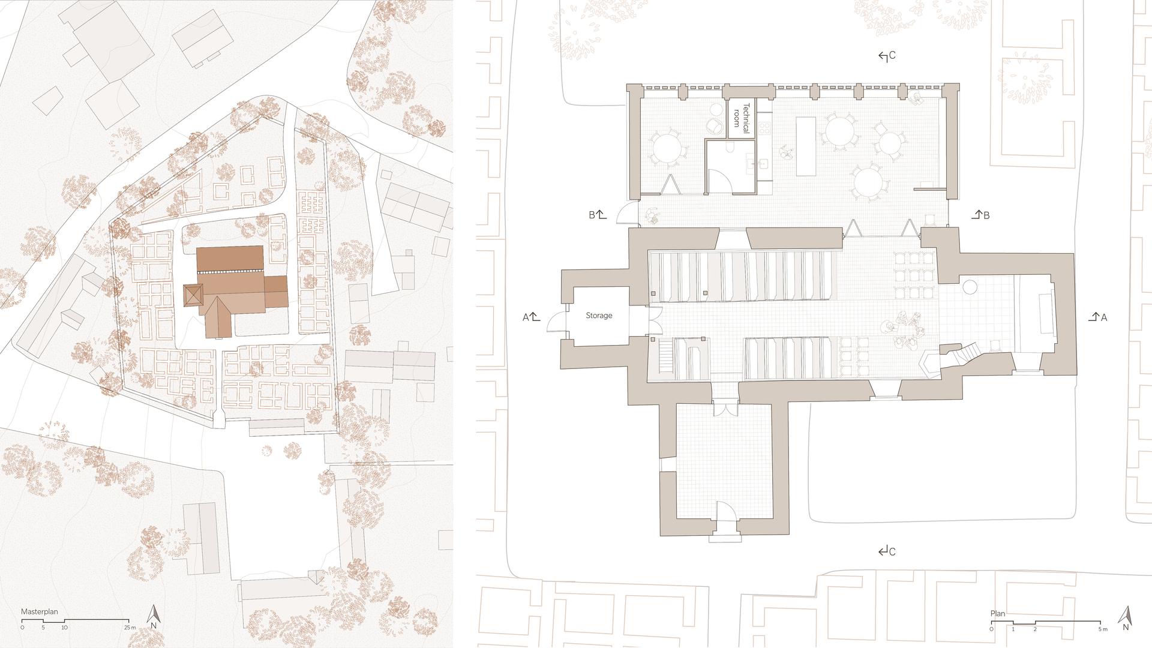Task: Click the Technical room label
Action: (742, 115)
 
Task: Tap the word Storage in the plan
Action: (599, 316)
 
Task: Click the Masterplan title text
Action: (40, 612)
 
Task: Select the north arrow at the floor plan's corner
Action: (1126, 619)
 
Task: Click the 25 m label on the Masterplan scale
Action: (130, 628)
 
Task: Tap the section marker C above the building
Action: (887, 56)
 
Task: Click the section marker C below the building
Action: (887, 551)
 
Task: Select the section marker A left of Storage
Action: (532, 317)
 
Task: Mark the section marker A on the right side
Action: (1097, 317)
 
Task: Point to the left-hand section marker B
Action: (598, 214)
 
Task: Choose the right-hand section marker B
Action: (980, 215)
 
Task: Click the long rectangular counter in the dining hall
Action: (806, 146)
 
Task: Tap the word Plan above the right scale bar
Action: (998, 614)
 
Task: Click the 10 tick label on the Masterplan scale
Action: (64, 628)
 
